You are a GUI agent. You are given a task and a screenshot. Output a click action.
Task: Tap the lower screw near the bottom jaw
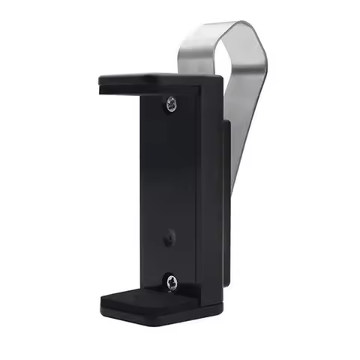click(172, 283)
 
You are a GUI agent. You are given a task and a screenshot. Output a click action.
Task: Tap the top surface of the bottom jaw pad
click(142, 291)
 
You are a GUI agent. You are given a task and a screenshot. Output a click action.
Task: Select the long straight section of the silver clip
click(247, 127)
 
